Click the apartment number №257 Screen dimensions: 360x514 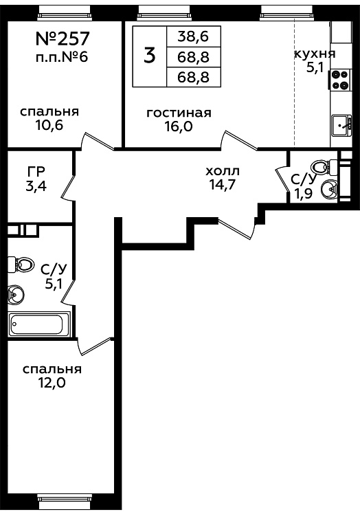pyautogui.click(x=62, y=38)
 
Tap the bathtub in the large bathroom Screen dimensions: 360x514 pyautogui.click(x=39, y=324)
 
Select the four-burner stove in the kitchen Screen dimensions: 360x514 pyautogui.click(x=339, y=80)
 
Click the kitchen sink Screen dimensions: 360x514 pyautogui.click(x=341, y=125)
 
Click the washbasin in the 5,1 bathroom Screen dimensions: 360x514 pyautogui.click(x=15, y=293)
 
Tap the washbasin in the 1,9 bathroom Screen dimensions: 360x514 pyautogui.click(x=329, y=189)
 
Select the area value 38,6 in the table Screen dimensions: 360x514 pyautogui.click(x=193, y=36)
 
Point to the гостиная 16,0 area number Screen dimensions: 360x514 pyautogui.click(x=179, y=126)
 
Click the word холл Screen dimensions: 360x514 pyautogui.click(x=223, y=171)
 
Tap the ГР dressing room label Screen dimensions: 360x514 pyautogui.click(x=36, y=171)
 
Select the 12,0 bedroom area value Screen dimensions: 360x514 pyautogui.click(x=52, y=383)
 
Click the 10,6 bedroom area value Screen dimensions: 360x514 pyautogui.click(x=49, y=125)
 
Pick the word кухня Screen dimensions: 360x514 pyautogui.click(x=315, y=54)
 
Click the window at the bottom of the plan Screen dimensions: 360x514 pyautogui.click(x=64, y=506)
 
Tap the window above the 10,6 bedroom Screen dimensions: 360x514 pyautogui.click(x=63, y=12)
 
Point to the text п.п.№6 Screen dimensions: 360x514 pyautogui.click(x=62, y=57)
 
